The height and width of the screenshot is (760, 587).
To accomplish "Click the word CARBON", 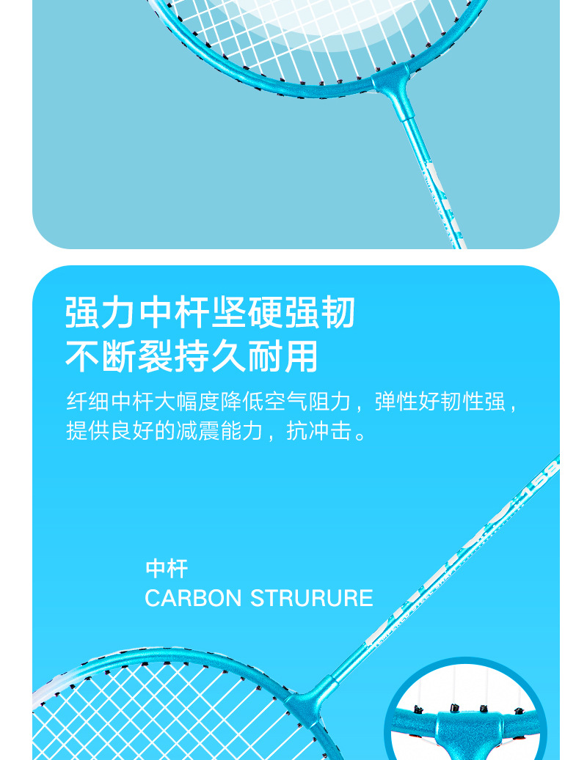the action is pyautogui.click(x=193, y=598).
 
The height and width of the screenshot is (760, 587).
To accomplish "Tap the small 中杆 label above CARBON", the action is pyautogui.click(x=167, y=569).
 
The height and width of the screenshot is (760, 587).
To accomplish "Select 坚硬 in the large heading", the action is pyautogui.click(x=247, y=313).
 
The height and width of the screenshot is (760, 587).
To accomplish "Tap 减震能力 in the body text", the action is pyautogui.click(x=219, y=432).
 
